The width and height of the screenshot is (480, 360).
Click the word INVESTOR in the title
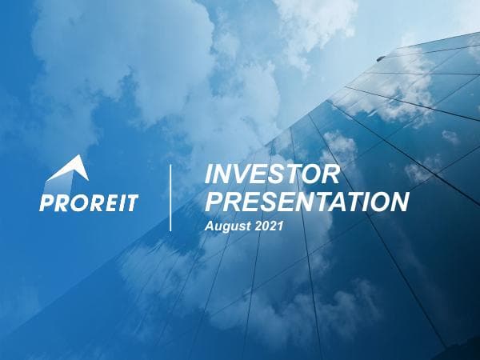pyautogui.click(x=273, y=174)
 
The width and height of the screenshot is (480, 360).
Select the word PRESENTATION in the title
pyautogui.click(x=306, y=201)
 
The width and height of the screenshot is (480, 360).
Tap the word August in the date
pyautogui.click(x=225, y=226)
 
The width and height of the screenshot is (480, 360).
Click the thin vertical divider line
pyautogui.click(x=170, y=198)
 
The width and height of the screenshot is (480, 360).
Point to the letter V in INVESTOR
pyautogui.click(x=240, y=174)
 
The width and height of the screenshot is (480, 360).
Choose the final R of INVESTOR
pyautogui.click(x=332, y=174)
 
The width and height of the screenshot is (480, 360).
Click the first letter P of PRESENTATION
pyautogui.click(x=214, y=201)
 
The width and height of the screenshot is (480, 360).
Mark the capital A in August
pyautogui.click(x=210, y=226)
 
